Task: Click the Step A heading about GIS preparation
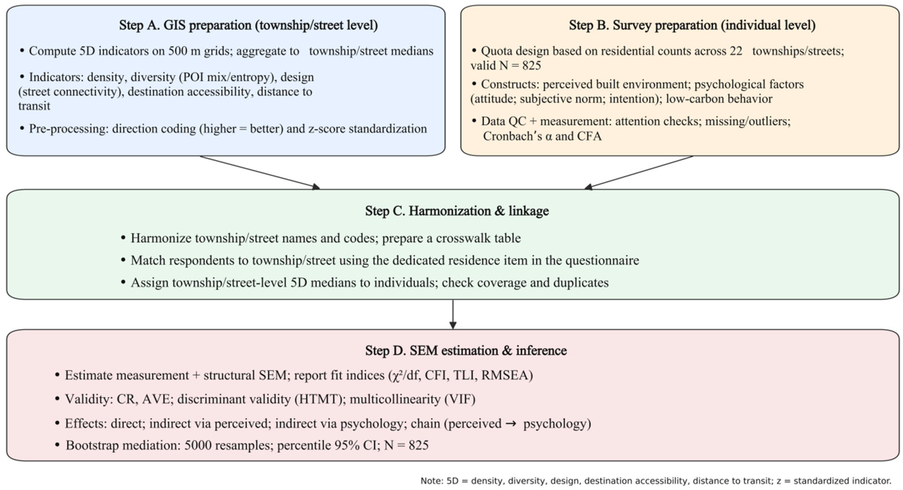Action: [x=248, y=25]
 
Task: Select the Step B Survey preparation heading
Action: [x=692, y=25]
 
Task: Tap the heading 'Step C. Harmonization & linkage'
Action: [x=457, y=211]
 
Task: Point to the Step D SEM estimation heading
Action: [x=466, y=350]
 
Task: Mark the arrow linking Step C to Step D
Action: [x=453, y=315]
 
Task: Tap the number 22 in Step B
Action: [x=736, y=51]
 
